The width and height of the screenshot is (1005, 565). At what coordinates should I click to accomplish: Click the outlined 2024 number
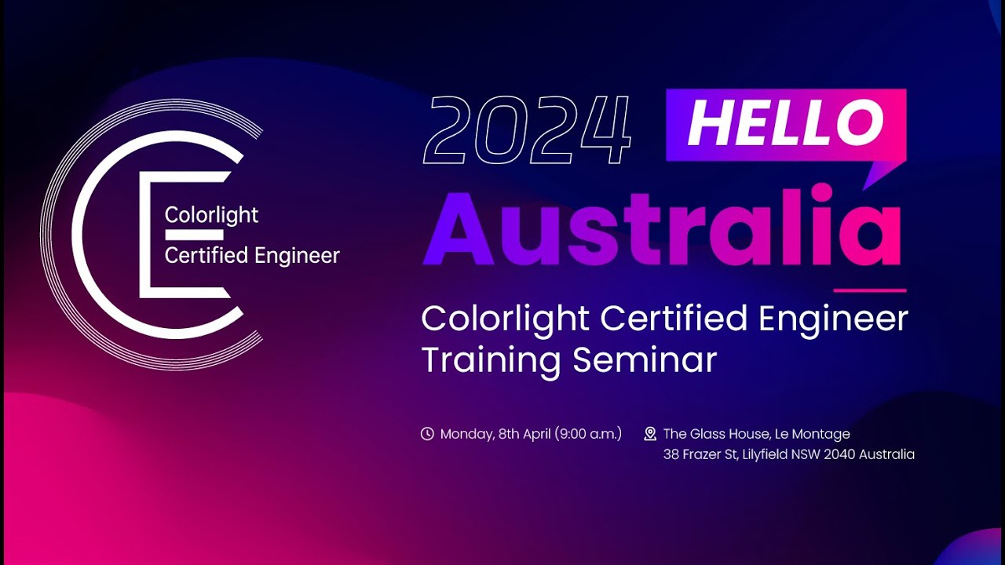(x=527, y=130)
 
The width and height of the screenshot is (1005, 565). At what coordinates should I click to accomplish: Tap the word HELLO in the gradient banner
(x=785, y=123)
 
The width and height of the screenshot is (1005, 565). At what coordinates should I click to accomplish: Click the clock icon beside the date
(x=427, y=434)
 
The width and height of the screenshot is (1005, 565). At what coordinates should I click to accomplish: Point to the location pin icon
(x=650, y=434)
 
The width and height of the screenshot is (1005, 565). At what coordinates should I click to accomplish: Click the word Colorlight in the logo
(x=211, y=215)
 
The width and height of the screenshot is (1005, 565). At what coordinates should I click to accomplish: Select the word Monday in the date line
(x=466, y=434)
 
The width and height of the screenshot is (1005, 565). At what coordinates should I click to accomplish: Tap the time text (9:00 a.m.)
(x=588, y=434)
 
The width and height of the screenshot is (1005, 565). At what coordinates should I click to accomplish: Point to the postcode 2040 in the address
(x=839, y=454)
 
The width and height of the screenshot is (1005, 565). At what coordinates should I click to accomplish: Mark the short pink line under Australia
(x=869, y=290)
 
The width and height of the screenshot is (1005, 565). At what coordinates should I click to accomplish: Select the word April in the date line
(x=536, y=434)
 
